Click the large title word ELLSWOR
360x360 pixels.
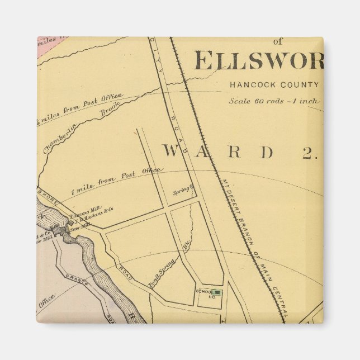click(x=258, y=60)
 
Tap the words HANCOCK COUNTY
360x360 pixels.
click(x=274, y=86)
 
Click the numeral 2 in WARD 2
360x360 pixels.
click(x=309, y=152)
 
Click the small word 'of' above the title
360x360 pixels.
click(x=278, y=41)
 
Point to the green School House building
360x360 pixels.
click(x=218, y=292)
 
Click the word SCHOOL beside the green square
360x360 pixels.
click(x=203, y=292)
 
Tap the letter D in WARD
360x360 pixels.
click(x=268, y=151)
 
